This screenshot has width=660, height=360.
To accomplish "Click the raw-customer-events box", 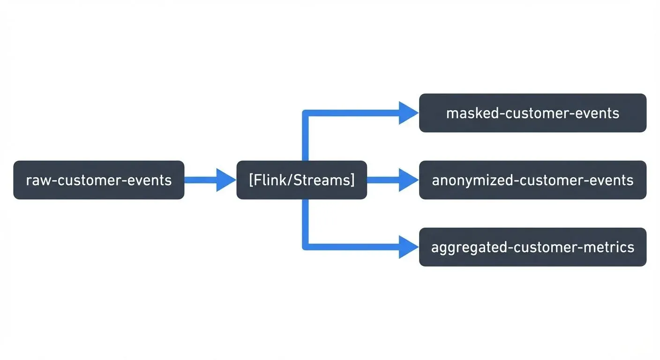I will tap(98, 180).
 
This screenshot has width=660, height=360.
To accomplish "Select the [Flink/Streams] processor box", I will tap(301, 180).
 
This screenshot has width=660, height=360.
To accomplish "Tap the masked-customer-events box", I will tap(532, 113).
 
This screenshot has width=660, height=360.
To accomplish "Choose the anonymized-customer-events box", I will tap(532, 180).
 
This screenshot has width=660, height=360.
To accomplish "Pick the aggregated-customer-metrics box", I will tap(532, 247).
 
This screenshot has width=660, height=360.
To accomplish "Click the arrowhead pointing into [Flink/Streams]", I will tap(225, 180).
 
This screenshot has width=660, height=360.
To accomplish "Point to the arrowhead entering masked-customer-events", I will tap(408, 113).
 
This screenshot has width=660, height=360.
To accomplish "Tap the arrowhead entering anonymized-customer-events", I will tap(408, 180).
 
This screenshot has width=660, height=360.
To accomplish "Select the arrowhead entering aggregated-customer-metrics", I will tap(408, 247).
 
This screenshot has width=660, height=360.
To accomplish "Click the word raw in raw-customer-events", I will tap(37, 180).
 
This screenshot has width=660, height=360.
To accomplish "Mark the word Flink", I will tap(269, 180).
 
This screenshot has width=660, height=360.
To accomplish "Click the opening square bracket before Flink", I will tap(251, 180).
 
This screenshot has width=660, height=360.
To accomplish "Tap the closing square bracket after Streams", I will tap(352, 180).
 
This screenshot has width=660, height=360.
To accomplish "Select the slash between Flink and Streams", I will tap(287, 180).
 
